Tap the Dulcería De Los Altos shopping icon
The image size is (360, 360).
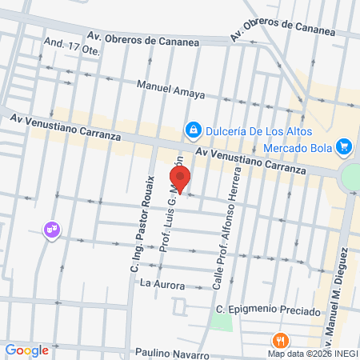(193, 129)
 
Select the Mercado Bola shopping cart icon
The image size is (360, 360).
(344, 147)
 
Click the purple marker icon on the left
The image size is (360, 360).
(53, 230)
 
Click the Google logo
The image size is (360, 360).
(26, 350)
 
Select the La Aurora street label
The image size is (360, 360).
(162, 284)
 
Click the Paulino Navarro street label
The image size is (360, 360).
(172, 354)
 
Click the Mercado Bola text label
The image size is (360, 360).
(298, 147)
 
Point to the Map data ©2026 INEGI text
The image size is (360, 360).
(311, 353)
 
